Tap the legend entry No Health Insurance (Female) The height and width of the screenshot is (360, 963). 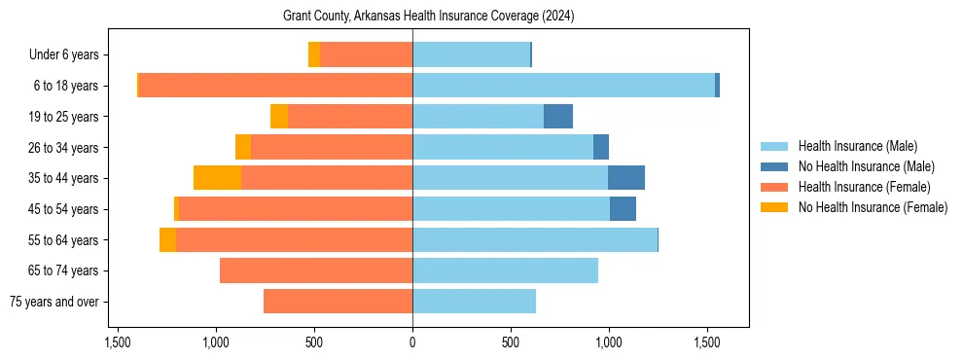873,207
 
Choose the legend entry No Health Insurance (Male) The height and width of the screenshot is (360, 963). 866,166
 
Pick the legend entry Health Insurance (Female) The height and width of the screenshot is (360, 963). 864,187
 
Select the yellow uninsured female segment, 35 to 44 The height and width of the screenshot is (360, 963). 217,178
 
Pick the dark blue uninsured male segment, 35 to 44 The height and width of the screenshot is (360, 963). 626,178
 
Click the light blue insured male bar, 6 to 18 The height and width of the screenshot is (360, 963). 564,86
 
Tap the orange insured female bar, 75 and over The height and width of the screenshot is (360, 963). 339,302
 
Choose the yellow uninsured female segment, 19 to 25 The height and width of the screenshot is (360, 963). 279,117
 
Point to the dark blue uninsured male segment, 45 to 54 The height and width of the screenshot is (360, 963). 623,209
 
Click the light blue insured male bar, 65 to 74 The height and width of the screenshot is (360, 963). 506,270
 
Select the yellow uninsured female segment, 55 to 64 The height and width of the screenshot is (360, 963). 167,240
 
